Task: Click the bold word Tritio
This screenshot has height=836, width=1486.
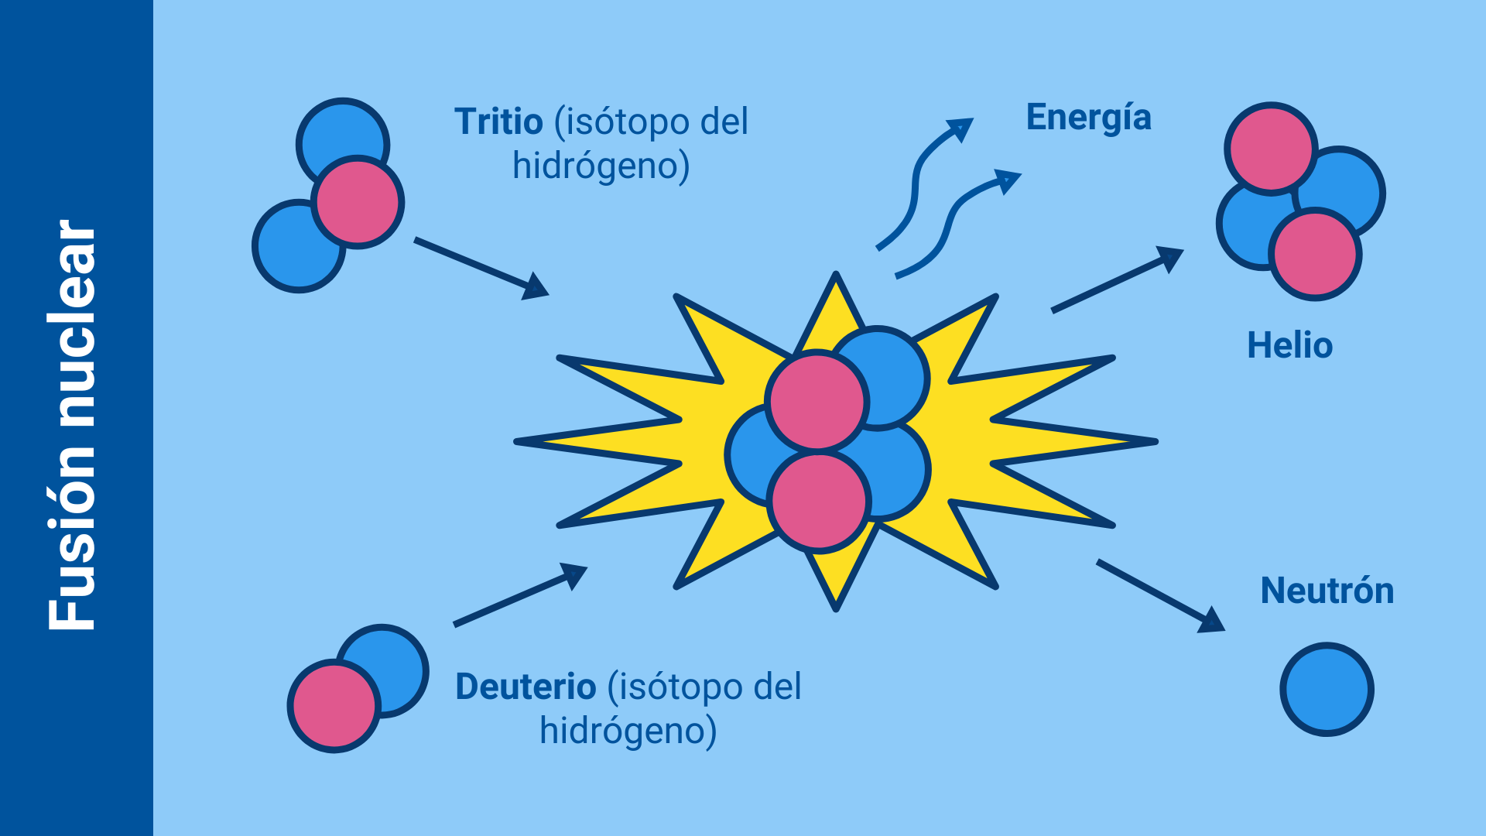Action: pos(498,122)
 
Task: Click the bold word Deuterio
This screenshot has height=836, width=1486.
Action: pos(526,687)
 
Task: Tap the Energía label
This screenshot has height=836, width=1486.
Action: pos(1088,118)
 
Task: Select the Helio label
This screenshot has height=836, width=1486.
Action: pos(1289,345)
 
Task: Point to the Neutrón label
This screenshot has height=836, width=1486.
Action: pos(1327,591)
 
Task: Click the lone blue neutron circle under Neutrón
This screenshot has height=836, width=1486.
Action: pos(1327,689)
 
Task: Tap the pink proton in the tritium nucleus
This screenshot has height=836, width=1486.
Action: pos(358,202)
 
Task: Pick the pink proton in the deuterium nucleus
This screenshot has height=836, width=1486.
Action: pos(334,705)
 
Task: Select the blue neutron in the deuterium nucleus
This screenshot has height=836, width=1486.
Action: pos(395,658)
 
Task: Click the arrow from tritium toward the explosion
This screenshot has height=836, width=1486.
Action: pos(480,267)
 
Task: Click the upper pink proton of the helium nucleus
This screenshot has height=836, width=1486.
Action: pos(1270,148)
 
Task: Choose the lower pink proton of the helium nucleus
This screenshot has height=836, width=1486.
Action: pos(1315,254)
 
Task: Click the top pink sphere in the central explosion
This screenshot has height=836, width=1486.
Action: pos(817,401)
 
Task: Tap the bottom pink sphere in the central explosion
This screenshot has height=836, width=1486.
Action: pos(819,501)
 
